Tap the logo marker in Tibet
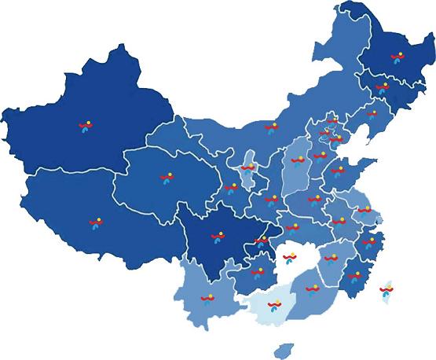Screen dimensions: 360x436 (x=95, y=224)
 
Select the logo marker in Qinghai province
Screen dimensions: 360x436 (x=165, y=178)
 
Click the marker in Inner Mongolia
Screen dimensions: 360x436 (x=271, y=127)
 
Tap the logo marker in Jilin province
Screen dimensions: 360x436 (x=383, y=87)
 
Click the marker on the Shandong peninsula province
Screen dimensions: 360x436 (x=338, y=170)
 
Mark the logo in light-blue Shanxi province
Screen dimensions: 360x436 (x=298, y=161)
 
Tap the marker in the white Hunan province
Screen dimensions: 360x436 (x=289, y=256)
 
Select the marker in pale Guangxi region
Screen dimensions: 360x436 (x=274, y=305)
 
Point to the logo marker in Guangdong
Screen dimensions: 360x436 (x=313, y=288)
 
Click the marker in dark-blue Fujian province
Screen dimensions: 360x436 (x=355, y=276)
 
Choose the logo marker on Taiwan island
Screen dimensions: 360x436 (x=385, y=291)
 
